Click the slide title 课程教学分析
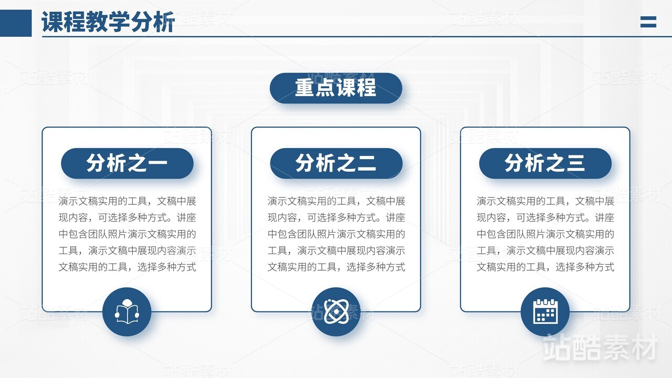[108, 22]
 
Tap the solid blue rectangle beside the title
[16, 23]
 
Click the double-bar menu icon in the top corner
[648, 22]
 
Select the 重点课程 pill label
[335, 88]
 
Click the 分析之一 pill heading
[127, 163]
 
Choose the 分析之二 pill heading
[336, 163]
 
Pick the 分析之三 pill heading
[545, 163]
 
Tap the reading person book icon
[127, 312]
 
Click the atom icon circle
[336, 312]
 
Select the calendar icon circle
[545, 312]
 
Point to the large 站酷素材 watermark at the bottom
[600, 348]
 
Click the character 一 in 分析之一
[157, 163]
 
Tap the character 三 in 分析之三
[575, 163]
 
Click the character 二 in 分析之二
[366, 163]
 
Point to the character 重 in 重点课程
[305, 88]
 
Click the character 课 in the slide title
[52, 22]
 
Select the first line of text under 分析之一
[127, 201]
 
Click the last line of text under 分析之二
[337, 267]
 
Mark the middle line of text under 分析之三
[545, 234]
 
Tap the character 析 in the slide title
[164, 22]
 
